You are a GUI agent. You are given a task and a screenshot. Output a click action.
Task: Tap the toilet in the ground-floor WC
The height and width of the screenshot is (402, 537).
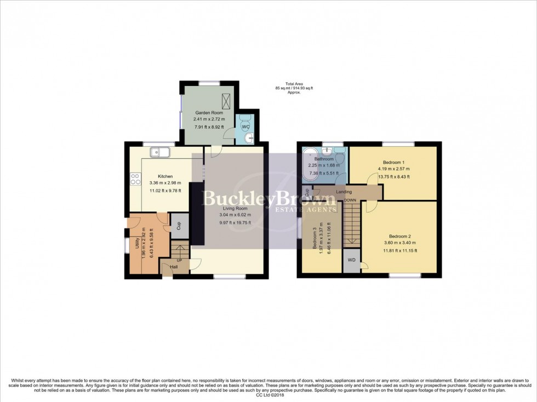[x=244, y=119]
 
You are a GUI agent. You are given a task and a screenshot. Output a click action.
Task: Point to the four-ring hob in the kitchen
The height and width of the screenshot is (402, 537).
[x=135, y=178]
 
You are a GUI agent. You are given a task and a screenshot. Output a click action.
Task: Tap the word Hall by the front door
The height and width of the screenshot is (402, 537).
[x=173, y=267]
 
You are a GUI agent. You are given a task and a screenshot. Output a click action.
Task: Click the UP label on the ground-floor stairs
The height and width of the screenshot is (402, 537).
[x=179, y=260]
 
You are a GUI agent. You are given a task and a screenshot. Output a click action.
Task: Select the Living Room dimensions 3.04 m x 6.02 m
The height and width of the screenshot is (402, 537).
[x=234, y=215]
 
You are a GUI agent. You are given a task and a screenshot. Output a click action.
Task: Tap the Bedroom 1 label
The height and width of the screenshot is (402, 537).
[x=393, y=163]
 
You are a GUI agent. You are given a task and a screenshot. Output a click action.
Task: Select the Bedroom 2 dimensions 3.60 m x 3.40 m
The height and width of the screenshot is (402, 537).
[x=393, y=243]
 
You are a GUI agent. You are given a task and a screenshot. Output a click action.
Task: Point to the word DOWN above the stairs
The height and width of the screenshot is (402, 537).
[x=350, y=200]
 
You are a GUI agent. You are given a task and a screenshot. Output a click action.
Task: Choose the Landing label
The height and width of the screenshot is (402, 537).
[x=344, y=192]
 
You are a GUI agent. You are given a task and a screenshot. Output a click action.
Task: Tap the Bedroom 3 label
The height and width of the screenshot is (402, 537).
[x=315, y=239]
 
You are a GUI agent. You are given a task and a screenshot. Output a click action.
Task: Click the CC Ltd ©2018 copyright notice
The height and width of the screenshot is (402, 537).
[x=268, y=395]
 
